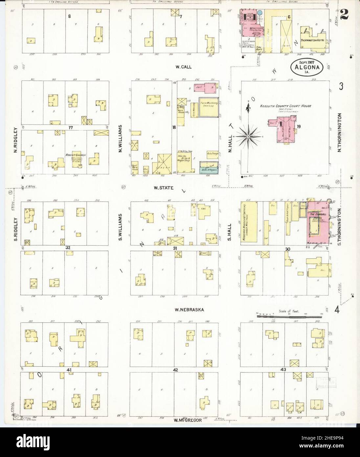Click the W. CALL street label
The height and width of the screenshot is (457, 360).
tap(183, 67)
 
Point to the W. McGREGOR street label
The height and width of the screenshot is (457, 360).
tap(187, 420)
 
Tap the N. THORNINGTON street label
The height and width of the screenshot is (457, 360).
tap(340, 132)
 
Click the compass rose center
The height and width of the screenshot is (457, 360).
tap(249, 136)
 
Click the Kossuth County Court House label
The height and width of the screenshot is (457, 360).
tap(285, 106)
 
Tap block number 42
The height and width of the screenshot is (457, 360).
tap(176, 370)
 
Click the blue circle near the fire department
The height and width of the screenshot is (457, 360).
tap(259, 12)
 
